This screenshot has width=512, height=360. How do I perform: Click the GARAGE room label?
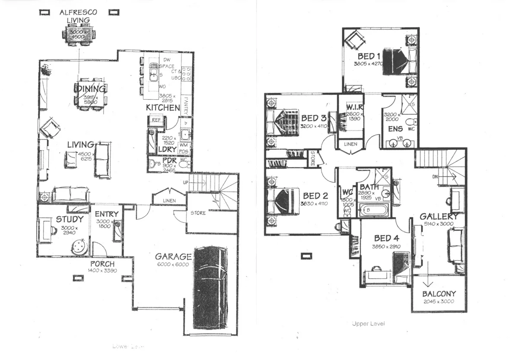tap(173, 256)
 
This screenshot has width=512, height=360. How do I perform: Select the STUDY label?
tap(69, 220)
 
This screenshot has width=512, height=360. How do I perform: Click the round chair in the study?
tap(79, 247)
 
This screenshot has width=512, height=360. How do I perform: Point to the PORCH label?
tap(102, 264)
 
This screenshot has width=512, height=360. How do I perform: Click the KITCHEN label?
tap(162, 107)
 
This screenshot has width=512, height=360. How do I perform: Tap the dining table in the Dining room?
tap(90, 95)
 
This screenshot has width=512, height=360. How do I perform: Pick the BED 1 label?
tap(369, 57)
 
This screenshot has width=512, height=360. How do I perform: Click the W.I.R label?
tap(354, 107)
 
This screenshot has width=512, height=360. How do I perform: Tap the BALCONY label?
tap(439, 294)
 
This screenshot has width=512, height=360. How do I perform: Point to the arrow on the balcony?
tap(428, 280)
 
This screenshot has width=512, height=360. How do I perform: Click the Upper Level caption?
tap(368, 323)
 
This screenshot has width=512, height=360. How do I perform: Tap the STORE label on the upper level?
tap(312, 158)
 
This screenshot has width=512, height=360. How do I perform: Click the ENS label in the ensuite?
tap(395, 129)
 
